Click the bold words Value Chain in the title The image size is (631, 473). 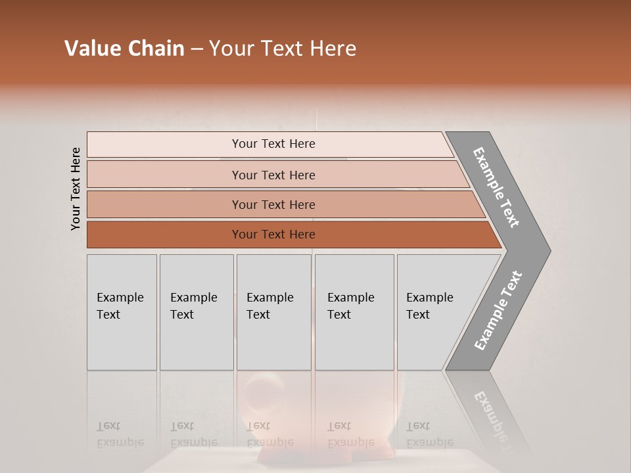[124, 49]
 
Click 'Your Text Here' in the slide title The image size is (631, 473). [283, 49]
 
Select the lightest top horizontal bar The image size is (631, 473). [164, 145]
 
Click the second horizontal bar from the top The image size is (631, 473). [164, 175]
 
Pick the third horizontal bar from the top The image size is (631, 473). [164, 205]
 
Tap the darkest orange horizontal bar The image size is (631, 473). [164, 235]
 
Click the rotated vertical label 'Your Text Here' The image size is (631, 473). [76, 189]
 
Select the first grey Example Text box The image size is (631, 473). [122, 312]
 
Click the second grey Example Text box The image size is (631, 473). [197, 312]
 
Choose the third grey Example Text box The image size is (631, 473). [273, 312]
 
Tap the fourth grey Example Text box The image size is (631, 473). [354, 312]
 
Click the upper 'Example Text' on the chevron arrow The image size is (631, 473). [496, 187]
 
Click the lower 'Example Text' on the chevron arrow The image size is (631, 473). [498, 310]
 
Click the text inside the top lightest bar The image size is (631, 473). [273, 144]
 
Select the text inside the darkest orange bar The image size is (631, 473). [273, 235]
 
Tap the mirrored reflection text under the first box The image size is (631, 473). [120, 434]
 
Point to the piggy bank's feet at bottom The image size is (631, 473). [325, 453]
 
